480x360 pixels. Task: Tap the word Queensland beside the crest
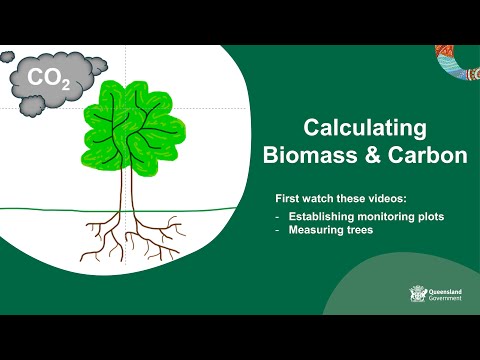pyautogui.click(x=445, y=291)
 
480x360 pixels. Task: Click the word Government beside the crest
pyautogui.click(x=446, y=298)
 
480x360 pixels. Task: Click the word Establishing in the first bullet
pyautogui.click(x=318, y=216)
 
